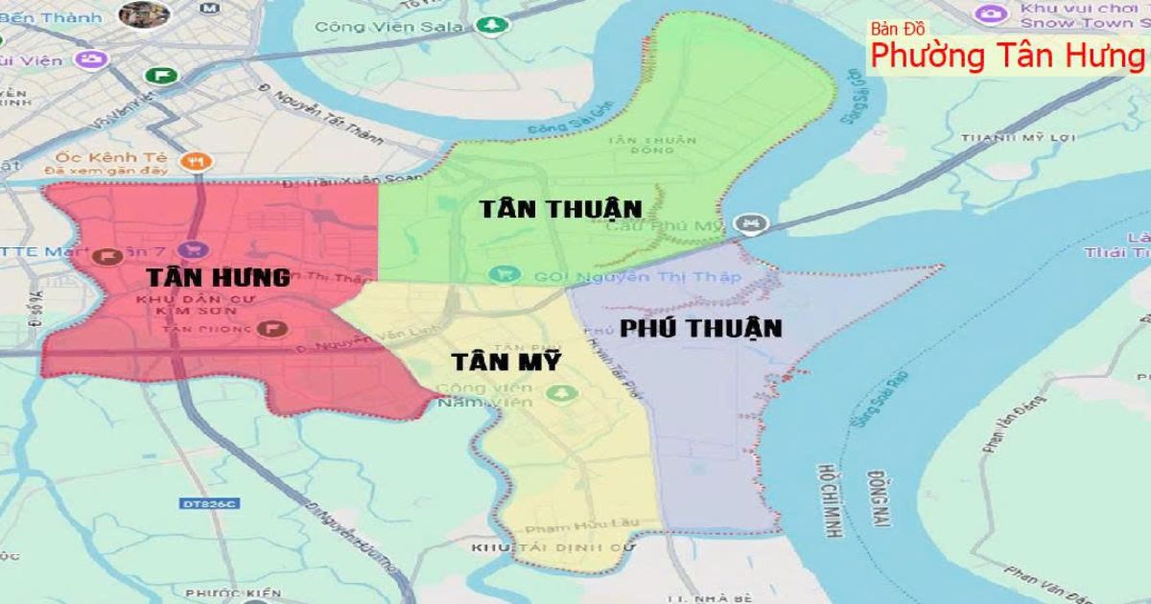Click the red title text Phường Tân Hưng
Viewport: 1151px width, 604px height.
(x=1006, y=56)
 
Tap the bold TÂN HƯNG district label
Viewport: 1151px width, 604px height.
(x=218, y=278)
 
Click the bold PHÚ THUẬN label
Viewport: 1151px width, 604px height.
(x=700, y=328)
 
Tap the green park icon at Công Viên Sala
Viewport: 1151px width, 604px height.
(x=491, y=25)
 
